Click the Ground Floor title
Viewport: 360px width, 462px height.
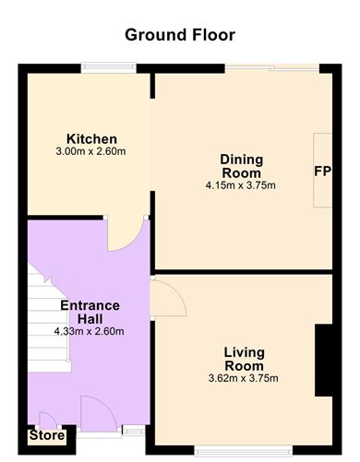[180, 35]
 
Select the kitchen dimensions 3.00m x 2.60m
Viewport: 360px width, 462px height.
[90, 151]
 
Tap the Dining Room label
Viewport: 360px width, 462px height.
[241, 166]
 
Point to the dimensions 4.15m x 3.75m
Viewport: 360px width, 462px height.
[241, 185]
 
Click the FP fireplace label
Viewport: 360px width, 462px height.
[322, 172]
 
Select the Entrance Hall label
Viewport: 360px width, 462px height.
[90, 312]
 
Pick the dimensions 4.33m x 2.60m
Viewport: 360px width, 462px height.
[90, 331]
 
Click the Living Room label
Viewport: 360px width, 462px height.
[244, 359]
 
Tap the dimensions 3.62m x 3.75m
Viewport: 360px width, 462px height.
[244, 378]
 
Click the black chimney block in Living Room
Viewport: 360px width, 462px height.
[324, 361]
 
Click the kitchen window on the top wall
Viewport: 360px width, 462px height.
[108, 66]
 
